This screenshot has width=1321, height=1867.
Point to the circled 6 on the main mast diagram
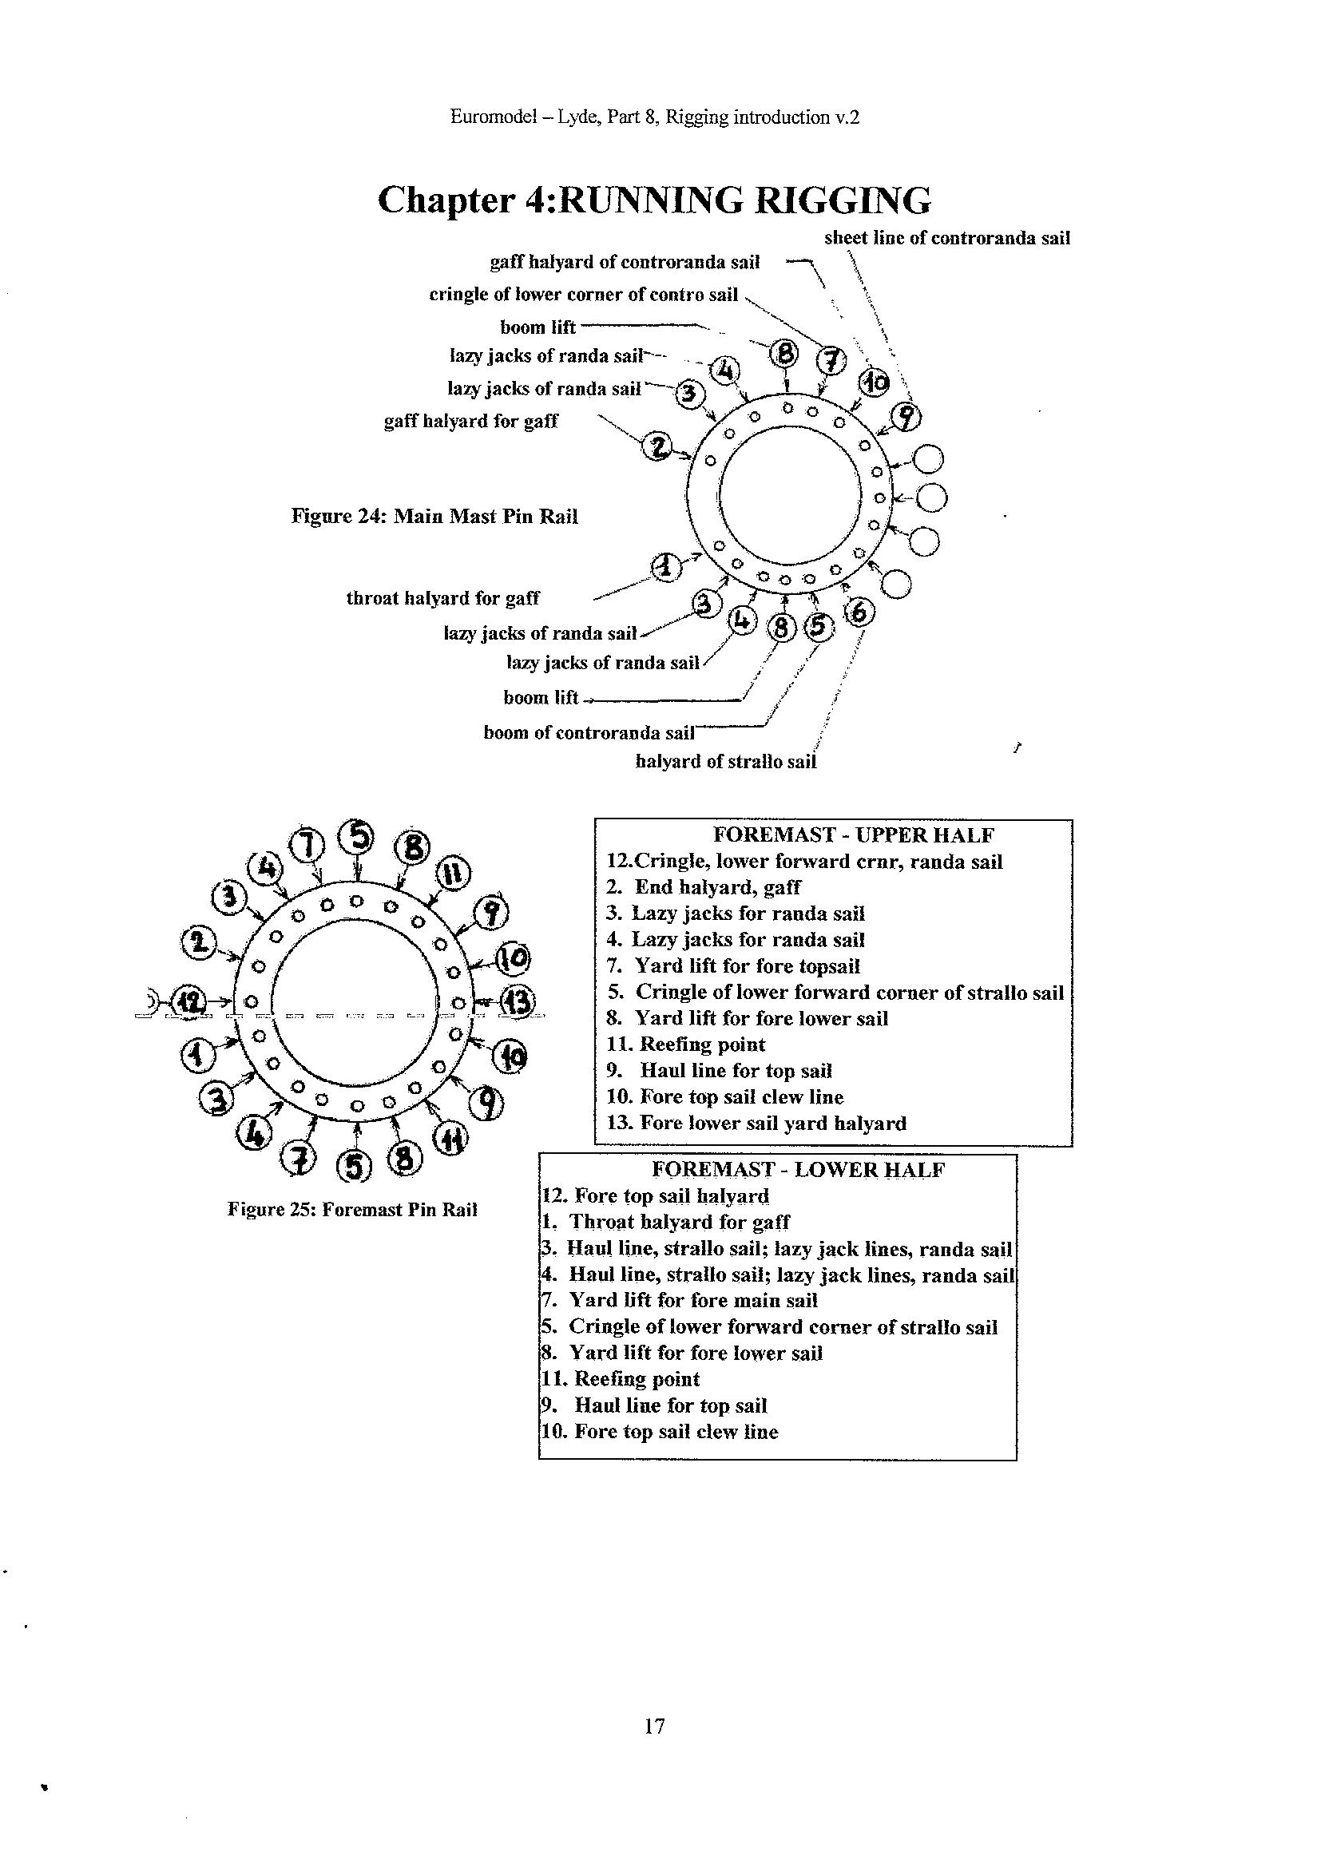click(861, 612)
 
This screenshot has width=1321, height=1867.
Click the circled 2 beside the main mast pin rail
click(658, 446)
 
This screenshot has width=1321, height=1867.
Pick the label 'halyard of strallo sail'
click(725, 762)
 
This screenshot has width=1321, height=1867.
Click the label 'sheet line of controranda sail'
click(947, 238)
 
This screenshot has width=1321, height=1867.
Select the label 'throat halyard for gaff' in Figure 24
click(442, 598)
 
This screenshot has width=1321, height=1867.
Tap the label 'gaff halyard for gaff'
click(471, 421)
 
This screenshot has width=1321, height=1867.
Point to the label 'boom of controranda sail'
click(589, 732)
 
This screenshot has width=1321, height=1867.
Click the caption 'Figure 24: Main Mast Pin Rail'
click(434, 517)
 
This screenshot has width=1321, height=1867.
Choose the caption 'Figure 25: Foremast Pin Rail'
click(352, 1209)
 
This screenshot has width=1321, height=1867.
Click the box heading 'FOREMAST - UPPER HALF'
click(853, 835)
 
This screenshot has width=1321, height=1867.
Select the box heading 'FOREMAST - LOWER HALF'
click(799, 1170)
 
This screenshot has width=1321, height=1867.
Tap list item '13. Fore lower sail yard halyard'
click(756, 1123)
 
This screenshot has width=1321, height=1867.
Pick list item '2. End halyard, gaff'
click(704, 887)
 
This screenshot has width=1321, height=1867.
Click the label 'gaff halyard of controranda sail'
click(625, 263)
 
